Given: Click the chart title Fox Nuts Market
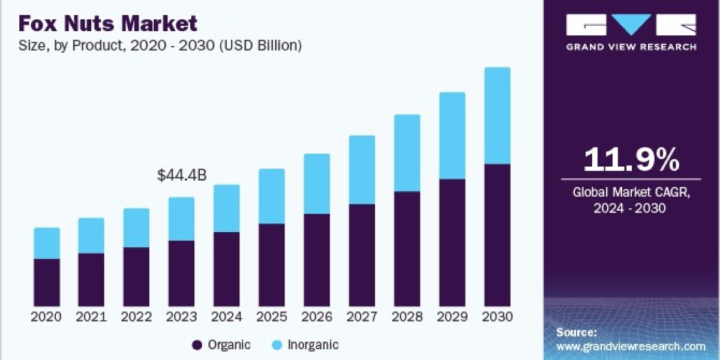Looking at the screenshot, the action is pos(107,23).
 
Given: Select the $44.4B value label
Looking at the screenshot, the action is pos(182,175).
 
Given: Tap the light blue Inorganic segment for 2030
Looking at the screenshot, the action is pos(497,116).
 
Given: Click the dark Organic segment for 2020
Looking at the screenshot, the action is pos(47,283).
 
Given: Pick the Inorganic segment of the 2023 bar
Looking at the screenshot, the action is pos(182,219).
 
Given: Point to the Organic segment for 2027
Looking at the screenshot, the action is pos(362,255).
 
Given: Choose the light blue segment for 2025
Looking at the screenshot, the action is pos(272,196).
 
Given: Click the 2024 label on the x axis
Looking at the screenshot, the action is pos(227,317).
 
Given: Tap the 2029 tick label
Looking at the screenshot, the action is pos(452,317).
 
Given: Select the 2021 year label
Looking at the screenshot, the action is pos(91,317).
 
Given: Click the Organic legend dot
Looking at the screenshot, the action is pos(197,345).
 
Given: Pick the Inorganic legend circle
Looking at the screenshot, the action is pos(277,345).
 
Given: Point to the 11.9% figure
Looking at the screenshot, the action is pos(632,160).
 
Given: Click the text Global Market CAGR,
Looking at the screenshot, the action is pos(631,192).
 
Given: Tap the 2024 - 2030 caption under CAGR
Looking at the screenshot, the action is pos(629,208).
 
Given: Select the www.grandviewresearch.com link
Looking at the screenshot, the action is pos(631,347).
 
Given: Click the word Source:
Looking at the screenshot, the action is pos(577,332).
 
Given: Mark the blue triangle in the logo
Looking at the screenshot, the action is pos(631,25).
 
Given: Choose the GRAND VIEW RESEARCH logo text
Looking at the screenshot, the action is pos(631,47).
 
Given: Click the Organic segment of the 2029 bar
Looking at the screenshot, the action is pos(452,242).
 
